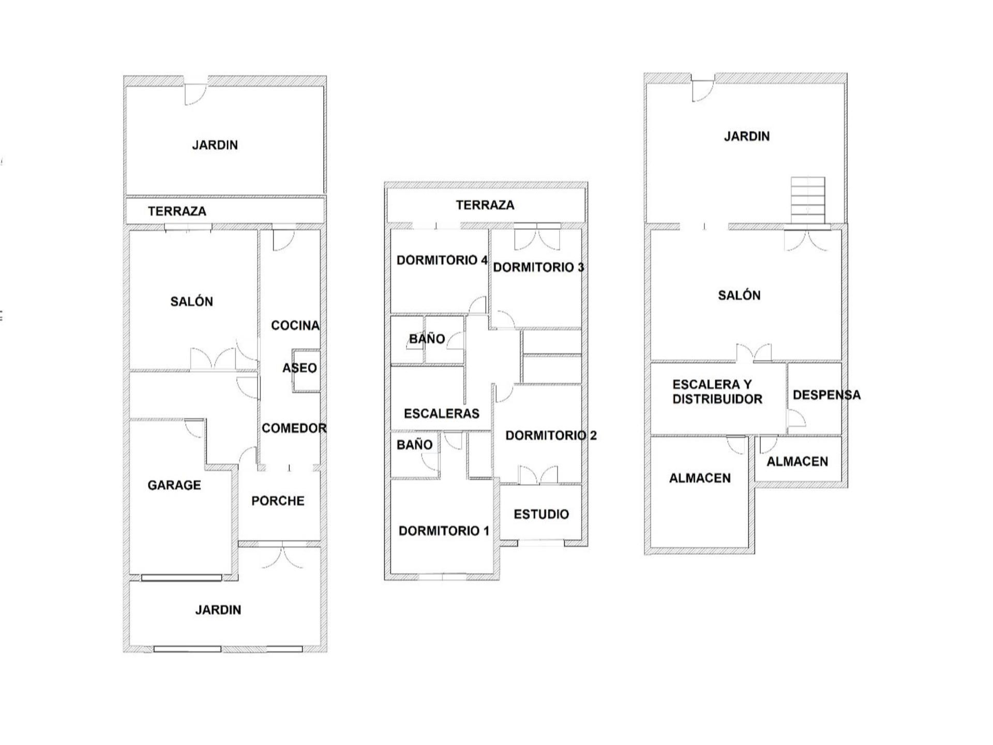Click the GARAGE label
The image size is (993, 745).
pos(174,485)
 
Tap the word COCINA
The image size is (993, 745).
pos(295,325)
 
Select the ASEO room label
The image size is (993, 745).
pos(299,368)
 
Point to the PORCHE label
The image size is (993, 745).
pos(278,501)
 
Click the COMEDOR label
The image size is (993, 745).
pos(294,428)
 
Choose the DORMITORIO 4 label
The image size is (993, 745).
pos(442,260)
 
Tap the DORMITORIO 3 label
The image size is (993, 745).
pos(538,267)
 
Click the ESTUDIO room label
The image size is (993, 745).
pos(541,514)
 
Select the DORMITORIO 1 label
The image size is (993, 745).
pos(444,531)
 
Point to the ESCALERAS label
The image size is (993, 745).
pos(442,413)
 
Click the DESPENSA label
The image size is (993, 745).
pos(826,395)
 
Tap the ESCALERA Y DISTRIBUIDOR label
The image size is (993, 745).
pos(717,392)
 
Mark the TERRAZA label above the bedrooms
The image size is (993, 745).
pos(485,205)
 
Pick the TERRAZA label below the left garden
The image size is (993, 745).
pos(177,211)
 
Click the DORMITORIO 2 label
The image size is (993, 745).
pos(551,436)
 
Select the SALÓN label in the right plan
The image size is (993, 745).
pos(739,295)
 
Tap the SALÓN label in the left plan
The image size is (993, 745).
pos(191,302)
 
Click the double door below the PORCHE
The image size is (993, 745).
pos(282,556)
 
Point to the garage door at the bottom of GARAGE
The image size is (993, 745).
pos(182,578)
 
